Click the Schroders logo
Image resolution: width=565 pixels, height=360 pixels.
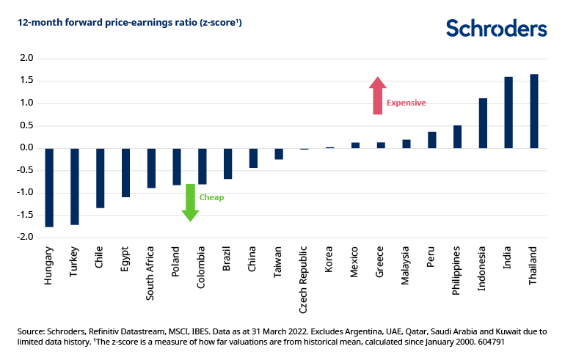point(496,29)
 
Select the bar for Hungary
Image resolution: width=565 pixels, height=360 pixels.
point(49,188)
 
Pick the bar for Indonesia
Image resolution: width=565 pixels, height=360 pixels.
point(483,123)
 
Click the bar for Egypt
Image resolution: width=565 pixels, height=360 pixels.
point(125,173)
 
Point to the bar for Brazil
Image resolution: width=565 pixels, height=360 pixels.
point(227,164)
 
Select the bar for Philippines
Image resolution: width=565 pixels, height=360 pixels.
point(457,137)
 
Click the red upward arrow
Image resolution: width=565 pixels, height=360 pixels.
point(377,96)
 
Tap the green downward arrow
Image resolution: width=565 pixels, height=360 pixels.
point(190,202)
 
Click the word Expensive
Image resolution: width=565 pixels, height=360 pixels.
point(406,103)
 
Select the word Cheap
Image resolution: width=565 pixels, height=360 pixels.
point(211,198)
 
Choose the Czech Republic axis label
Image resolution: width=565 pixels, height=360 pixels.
point(305,283)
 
